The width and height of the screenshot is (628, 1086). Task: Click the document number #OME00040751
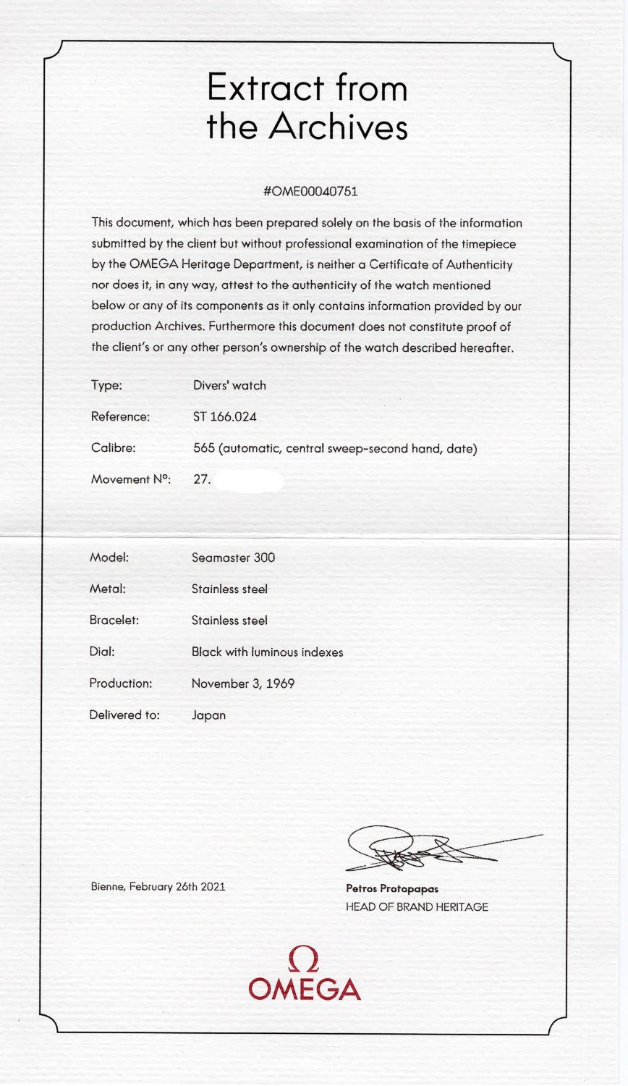[x=311, y=191]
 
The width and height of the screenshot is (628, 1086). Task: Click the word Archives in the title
[x=338, y=127]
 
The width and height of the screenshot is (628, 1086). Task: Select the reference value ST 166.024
[x=224, y=416]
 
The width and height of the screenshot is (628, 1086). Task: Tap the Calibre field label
[x=113, y=447]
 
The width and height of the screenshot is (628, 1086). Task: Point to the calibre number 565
[x=204, y=448]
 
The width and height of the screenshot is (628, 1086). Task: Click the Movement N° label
[x=130, y=479]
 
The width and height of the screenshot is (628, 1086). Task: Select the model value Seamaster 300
[x=233, y=557]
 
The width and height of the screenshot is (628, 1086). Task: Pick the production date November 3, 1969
[x=243, y=683]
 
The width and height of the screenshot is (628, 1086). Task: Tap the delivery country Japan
[x=208, y=715]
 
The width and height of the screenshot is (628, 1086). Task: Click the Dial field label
[x=102, y=652]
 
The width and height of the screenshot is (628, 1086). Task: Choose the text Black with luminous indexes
[x=267, y=652]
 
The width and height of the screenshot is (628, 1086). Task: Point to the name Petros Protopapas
[x=392, y=888]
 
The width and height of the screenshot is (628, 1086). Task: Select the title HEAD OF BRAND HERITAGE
[x=417, y=906]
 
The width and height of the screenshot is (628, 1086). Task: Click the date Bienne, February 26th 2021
[x=158, y=886]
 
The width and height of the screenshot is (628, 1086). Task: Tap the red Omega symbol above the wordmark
[x=304, y=960]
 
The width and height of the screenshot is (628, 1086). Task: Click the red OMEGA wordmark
[x=304, y=990]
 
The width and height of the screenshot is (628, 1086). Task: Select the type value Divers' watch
[x=229, y=385]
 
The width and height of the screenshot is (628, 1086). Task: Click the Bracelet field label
[x=114, y=620]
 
